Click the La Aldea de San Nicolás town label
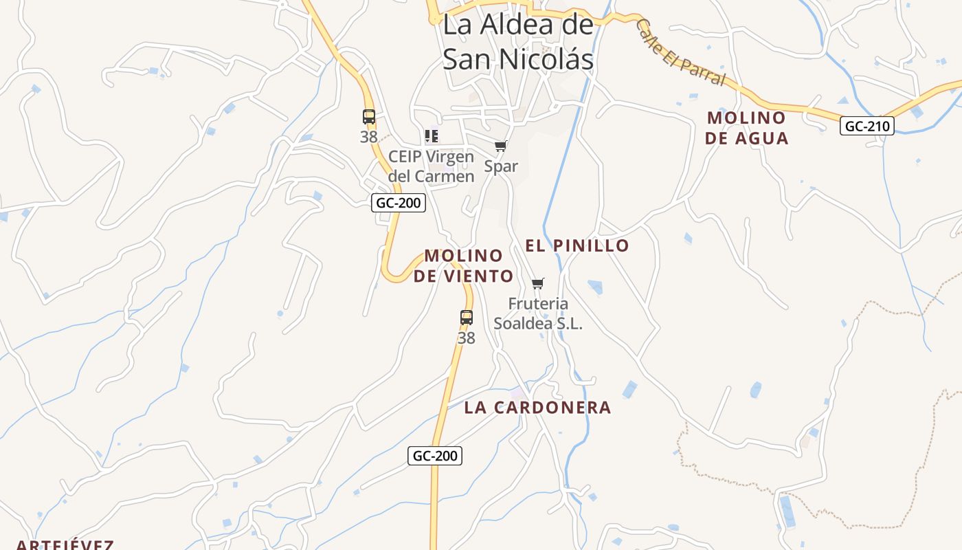point(518,42)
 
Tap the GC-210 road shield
point(866,126)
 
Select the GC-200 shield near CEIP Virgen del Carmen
point(399,203)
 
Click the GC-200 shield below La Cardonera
point(434,455)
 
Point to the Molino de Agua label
point(746,128)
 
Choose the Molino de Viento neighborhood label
point(464,265)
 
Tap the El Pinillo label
point(577,245)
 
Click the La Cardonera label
point(537,407)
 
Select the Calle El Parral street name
point(680,53)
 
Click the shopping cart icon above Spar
point(501,146)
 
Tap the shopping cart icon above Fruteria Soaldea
point(538,283)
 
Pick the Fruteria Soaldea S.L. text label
point(538,313)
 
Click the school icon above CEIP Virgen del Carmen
point(432,136)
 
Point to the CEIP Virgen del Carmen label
point(431,166)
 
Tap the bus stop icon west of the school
point(369,117)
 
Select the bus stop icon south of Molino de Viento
point(467,318)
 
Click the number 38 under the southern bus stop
point(467,338)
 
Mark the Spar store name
point(501,166)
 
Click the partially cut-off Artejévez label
point(65,545)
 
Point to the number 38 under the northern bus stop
point(369,137)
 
